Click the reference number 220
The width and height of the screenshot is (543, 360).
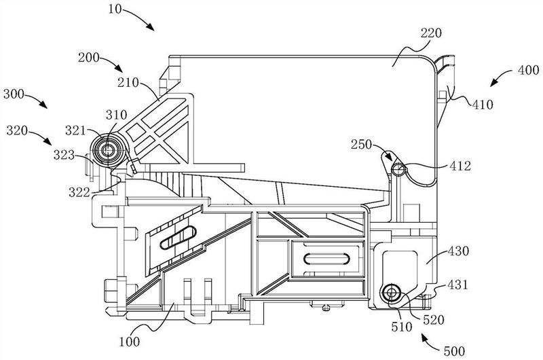(431, 33)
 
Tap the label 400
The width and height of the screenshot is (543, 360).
(529, 71)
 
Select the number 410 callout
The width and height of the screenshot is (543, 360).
(483, 105)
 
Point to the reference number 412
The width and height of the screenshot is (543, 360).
(461, 166)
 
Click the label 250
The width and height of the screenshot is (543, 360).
(362, 145)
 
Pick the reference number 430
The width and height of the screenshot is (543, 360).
(458, 251)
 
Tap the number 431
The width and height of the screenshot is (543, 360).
(457, 285)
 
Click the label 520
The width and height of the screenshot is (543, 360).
(434, 319)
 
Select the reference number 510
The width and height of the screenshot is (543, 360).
(402, 327)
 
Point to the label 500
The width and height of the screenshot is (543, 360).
(454, 351)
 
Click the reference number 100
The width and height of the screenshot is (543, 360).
(130, 342)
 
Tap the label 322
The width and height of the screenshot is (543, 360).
(79, 192)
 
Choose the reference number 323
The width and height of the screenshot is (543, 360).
(64, 155)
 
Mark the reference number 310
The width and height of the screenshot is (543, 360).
(116, 115)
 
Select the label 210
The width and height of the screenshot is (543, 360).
(128, 83)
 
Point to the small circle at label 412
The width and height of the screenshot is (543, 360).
(399, 169)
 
